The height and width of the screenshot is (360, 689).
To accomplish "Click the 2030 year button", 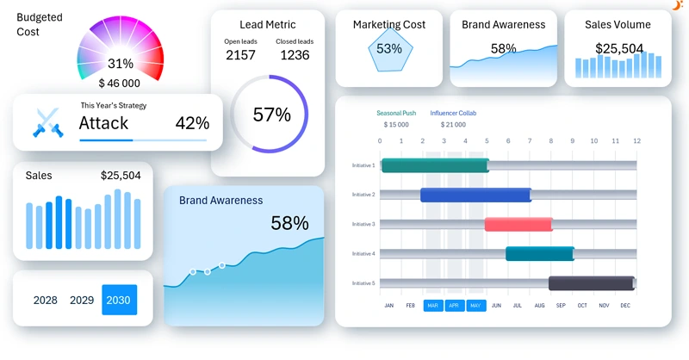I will point(119,300).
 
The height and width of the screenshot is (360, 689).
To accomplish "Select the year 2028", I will point(46,301).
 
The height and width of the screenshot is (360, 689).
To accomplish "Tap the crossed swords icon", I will point(46,123).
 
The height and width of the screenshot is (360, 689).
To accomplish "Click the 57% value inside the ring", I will point(271,115).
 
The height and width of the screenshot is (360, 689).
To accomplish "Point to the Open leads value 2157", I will point(240,55).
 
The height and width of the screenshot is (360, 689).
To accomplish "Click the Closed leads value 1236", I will point(295,55).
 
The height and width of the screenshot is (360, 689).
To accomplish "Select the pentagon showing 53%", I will point(389,49).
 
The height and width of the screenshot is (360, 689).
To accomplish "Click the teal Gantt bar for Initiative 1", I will point(435,165).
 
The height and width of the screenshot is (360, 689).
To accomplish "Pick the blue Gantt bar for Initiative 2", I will point(475,195).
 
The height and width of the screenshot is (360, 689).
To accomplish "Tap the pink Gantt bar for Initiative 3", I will point(518,224).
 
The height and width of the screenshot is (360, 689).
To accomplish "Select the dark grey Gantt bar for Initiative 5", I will point(592,282).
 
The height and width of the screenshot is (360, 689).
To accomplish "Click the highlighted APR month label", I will point(455,306).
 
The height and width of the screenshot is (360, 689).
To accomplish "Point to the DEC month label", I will point(625,306).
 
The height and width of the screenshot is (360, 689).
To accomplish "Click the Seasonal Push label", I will point(396,113).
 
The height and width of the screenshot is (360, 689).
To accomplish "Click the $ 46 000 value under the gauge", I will point(120,84).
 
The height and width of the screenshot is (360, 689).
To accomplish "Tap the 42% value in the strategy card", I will point(192,123).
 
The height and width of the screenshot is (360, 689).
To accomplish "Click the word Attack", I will point(103,123).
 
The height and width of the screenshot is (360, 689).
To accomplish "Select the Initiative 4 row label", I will point(363,253).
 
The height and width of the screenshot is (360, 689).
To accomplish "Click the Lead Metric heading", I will point(267,25).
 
